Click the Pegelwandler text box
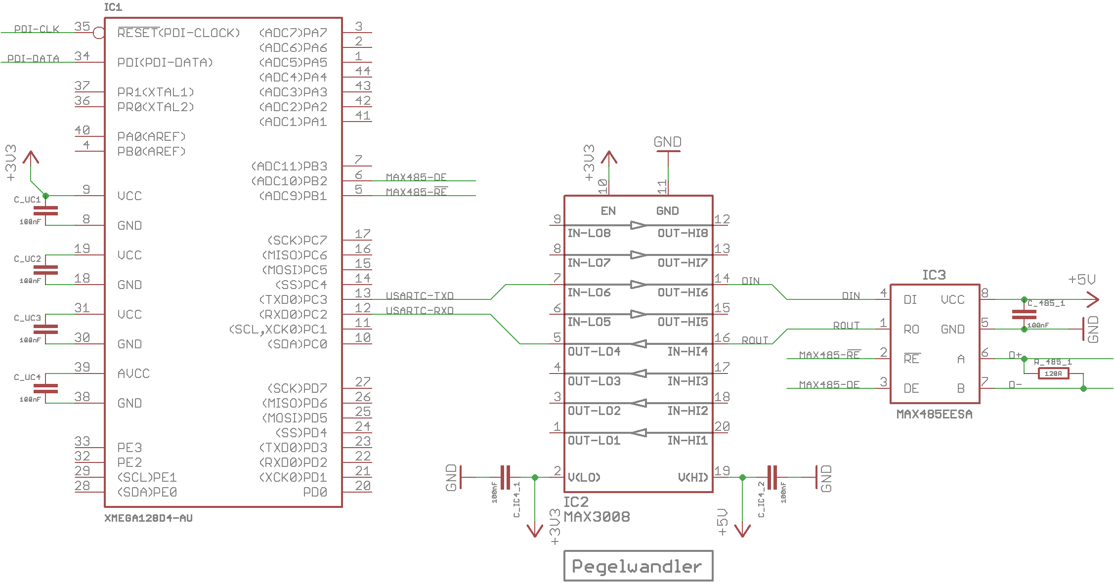tap(638, 566)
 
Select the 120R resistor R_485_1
tap(1053, 374)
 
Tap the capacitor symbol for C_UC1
tap(45, 211)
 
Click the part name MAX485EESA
tap(934, 414)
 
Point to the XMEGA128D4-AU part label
tap(148, 518)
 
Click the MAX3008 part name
tap(597, 517)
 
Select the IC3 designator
tap(934, 275)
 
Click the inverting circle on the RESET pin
tap(99, 33)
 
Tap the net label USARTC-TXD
tap(420, 295)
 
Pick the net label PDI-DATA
tap(33, 58)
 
